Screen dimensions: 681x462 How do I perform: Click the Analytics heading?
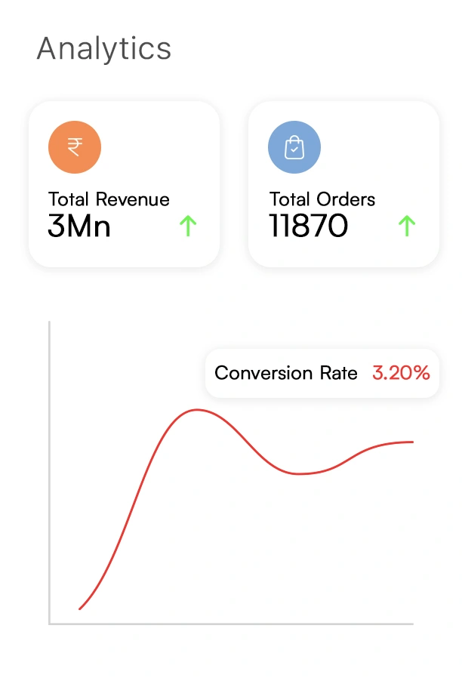[x=104, y=49]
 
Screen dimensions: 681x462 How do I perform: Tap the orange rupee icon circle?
[x=75, y=147]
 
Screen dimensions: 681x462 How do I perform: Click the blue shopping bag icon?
[x=294, y=147]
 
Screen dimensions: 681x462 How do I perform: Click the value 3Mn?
[x=79, y=226]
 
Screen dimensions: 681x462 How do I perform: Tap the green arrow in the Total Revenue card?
[x=188, y=226]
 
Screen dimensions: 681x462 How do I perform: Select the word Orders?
[x=346, y=199]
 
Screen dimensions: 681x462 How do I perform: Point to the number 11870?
[x=309, y=226]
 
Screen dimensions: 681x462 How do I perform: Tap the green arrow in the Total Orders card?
[x=407, y=226]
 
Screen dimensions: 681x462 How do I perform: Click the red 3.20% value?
[x=401, y=372]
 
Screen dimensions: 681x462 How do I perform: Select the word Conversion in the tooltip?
[x=262, y=373]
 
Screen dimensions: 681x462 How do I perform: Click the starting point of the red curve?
[x=79, y=609]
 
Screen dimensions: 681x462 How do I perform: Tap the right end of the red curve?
[x=413, y=442]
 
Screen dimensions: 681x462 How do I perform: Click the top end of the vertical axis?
[x=50, y=322]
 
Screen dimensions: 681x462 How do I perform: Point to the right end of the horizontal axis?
[x=412, y=624]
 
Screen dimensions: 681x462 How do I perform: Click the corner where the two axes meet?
[x=50, y=624]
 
